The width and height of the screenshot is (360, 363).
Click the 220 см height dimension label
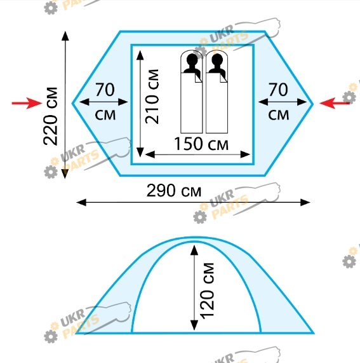click(50, 116)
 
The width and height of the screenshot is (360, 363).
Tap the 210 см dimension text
click(152, 96)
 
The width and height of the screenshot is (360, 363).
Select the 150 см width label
click(201, 144)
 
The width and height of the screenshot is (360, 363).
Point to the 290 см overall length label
click(174, 190)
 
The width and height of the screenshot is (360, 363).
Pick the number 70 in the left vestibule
click(105, 90)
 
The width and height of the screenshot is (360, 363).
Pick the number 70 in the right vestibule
click(278, 90)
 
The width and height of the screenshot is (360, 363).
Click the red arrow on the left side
click(27, 103)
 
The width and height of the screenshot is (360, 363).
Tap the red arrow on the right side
click(335, 103)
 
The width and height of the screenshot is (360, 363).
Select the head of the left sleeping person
click(192, 60)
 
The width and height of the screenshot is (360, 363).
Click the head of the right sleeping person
click(217, 60)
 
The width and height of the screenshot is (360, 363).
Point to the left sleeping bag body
click(192, 103)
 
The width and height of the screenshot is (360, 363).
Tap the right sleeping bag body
click(217, 103)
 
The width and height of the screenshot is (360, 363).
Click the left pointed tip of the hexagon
click(72, 103)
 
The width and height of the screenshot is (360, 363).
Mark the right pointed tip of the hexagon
click(313, 104)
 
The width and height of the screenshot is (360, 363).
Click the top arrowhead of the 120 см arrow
click(194, 250)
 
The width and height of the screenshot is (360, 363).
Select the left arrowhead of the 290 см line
click(81, 202)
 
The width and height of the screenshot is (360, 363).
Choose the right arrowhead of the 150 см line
click(245, 154)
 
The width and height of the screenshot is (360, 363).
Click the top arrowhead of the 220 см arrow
click(65, 36)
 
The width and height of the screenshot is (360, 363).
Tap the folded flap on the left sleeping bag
click(199, 78)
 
